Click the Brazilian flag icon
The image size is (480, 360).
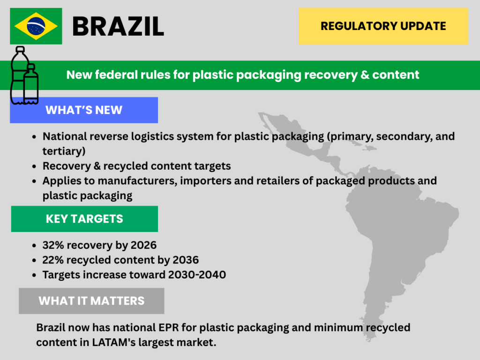click(36, 26)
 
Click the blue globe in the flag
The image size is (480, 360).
click(36, 26)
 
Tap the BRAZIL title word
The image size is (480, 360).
click(118, 27)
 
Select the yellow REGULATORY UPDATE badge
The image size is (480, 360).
click(383, 26)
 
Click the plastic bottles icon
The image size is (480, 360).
click(24, 75)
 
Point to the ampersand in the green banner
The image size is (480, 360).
click(365, 75)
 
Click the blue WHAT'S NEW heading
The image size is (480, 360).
click(84, 110)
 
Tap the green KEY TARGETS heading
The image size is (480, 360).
click(84, 219)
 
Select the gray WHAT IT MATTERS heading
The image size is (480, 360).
click(91, 301)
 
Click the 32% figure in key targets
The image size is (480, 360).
click(53, 245)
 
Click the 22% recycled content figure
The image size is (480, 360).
click(53, 260)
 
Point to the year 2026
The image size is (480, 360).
click(143, 245)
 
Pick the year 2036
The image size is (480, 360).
click(186, 260)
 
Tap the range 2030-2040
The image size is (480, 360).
click(197, 275)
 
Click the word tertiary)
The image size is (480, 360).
click(64, 151)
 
